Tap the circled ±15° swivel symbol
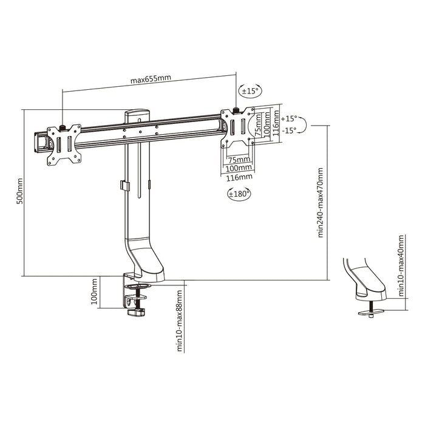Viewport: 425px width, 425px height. pyautogui.click(x=250, y=91)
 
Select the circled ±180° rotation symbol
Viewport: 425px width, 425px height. pyautogui.click(x=239, y=194)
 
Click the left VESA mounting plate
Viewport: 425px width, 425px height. pyautogui.click(x=64, y=144)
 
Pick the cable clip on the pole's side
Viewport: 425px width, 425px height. pyautogui.click(x=123, y=185)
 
